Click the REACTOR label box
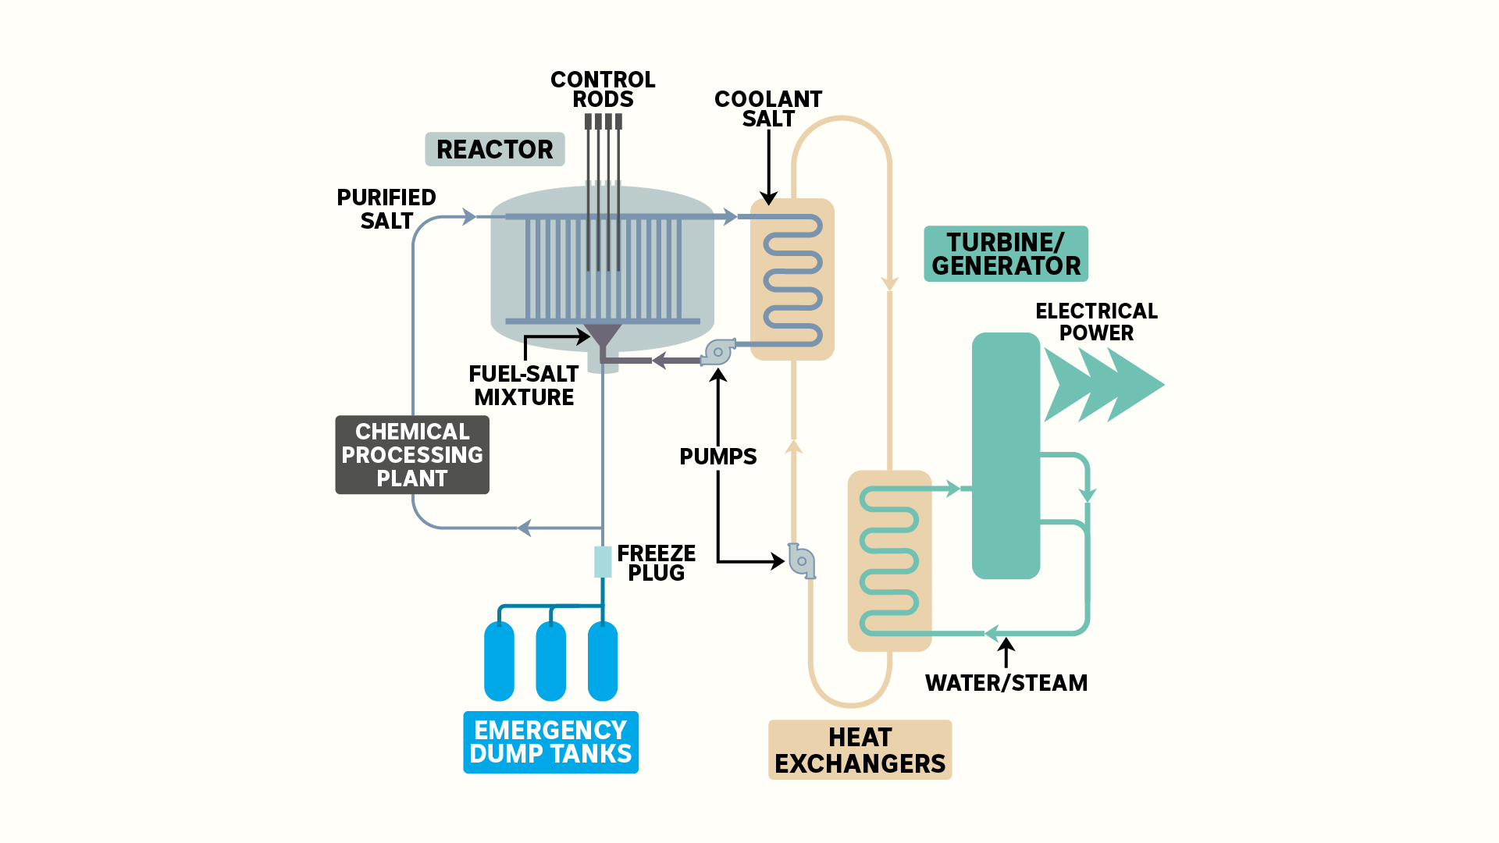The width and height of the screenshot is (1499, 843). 494,149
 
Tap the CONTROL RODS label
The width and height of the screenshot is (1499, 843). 603,90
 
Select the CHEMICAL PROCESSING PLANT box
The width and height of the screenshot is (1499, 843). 412,454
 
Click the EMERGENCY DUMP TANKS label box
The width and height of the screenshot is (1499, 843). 550,742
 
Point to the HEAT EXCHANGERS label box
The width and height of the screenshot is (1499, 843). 860,749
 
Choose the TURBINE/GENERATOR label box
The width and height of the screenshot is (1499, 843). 1006,254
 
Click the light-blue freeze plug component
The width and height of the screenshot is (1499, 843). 603,561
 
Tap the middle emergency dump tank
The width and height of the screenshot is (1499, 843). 550,660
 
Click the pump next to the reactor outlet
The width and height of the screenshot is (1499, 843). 718,352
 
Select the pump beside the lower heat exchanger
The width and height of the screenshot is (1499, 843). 802,561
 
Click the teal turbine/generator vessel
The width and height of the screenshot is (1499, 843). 1006,456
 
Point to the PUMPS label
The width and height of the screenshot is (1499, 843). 718,457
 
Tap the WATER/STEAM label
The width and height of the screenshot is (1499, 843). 1006,683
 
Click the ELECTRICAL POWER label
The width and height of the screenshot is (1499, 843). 1096,322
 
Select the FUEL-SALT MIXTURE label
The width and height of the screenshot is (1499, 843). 524,386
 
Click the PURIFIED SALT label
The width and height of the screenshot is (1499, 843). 386,209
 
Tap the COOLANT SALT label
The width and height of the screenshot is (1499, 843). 768,108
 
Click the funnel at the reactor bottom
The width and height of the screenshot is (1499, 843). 603,335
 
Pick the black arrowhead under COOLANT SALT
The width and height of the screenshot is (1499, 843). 768,198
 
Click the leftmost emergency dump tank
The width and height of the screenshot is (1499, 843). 499,660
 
